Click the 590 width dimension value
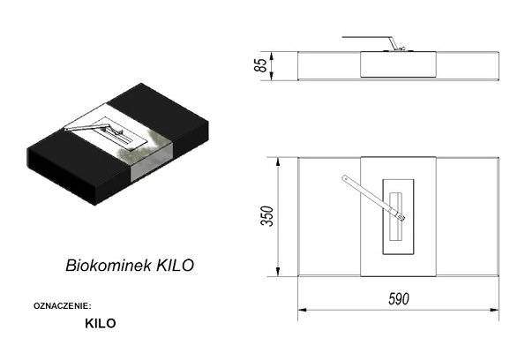click(399, 299)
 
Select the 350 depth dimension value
click(267, 216)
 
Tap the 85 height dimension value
click(261, 65)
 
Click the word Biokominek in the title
click(109, 266)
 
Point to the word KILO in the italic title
click(175, 266)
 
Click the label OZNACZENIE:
click(63, 306)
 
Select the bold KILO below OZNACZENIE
click(101, 324)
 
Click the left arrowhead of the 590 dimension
click(302, 310)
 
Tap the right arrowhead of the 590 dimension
click(494, 310)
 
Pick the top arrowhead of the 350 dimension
click(278, 161)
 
